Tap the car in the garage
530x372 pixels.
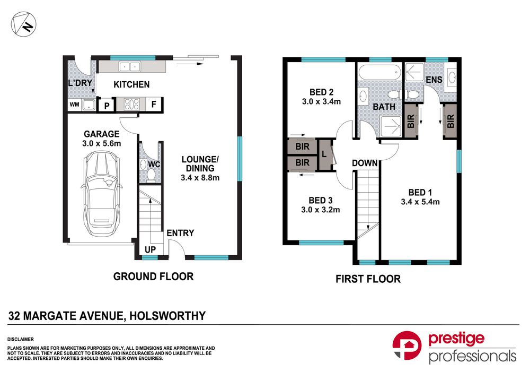click(100, 194)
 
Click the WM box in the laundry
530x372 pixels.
click(74, 105)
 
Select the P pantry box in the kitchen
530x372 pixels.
click(107, 106)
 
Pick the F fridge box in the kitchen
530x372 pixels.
click(154, 105)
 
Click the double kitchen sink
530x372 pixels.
click(129, 67)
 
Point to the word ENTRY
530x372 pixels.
click(180, 233)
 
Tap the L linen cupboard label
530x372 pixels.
click(324, 153)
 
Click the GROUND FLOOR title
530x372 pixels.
click(153, 276)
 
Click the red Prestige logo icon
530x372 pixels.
click(408, 348)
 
